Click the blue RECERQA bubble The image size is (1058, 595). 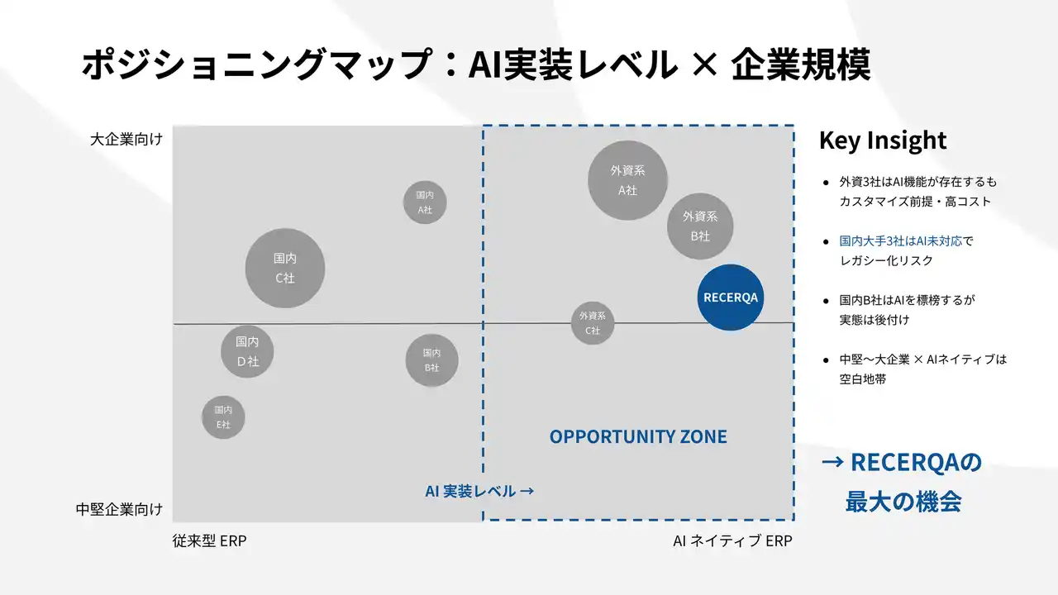[730, 297]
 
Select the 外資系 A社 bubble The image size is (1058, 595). [627, 180]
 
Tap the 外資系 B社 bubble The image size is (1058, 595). [700, 226]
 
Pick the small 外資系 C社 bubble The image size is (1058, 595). [593, 323]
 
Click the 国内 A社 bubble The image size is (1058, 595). [425, 202]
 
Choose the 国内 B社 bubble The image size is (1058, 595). [431, 360]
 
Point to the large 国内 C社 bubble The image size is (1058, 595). [285, 269]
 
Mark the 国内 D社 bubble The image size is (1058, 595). [247, 351]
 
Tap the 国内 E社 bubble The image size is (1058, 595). [223, 417]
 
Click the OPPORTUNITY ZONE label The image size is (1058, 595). [638, 436]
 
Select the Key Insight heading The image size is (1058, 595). [882, 140]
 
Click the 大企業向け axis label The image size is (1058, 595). [126, 140]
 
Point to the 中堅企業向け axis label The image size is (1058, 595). [119, 509]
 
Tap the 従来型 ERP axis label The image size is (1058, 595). [209, 540]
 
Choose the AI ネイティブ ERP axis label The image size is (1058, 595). [732, 540]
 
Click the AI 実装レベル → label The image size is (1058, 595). [479, 491]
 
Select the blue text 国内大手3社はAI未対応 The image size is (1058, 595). [901, 240]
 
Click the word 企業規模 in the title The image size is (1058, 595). [801, 64]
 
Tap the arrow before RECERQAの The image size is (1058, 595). [832, 462]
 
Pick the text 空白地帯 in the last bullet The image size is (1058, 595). [863, 378]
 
